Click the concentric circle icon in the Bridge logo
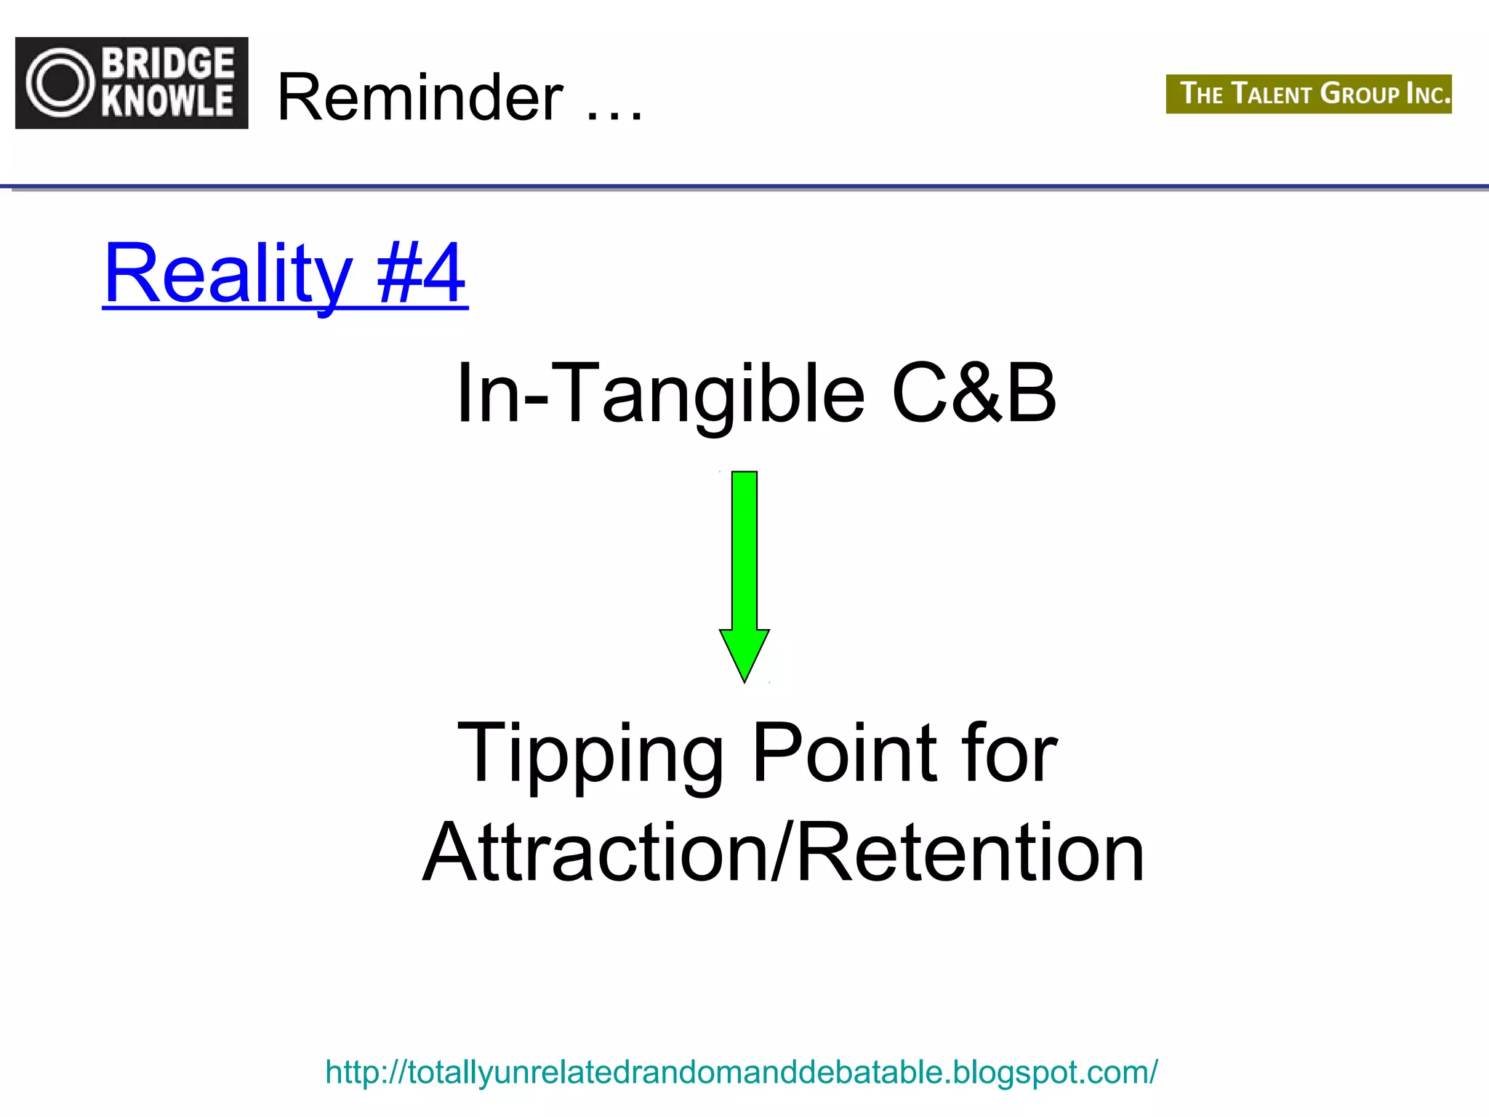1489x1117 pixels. click(x=61, y=83)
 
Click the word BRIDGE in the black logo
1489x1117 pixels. click(x=168, y=63)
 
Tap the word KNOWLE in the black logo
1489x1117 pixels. click(x=168, y=101)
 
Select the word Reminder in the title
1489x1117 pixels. click(x=420, y=97)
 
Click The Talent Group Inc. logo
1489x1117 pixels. click(x=1308, y=94)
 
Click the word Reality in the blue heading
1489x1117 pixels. click(x=228, y=274)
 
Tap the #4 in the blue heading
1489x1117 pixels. click(x=421, y=274)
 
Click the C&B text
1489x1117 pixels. click(x=974, y=393)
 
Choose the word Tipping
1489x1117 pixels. click(x=590, y=754)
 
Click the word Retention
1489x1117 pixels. click(x=971, y=852)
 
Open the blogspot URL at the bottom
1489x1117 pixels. click(x=741, y=1072)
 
